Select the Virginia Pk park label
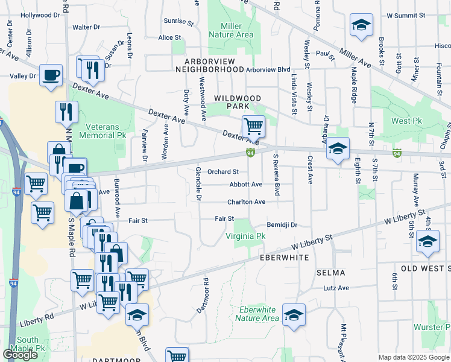point(245,237)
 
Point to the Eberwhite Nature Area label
point(259,314)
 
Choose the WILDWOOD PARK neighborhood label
point(238,102)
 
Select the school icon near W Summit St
point(361,25)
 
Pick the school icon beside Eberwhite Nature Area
point(294,314)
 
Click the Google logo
point(20,355)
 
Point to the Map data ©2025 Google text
point(414,357)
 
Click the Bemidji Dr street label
point(283,224)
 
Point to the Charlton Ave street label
point(246,202)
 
